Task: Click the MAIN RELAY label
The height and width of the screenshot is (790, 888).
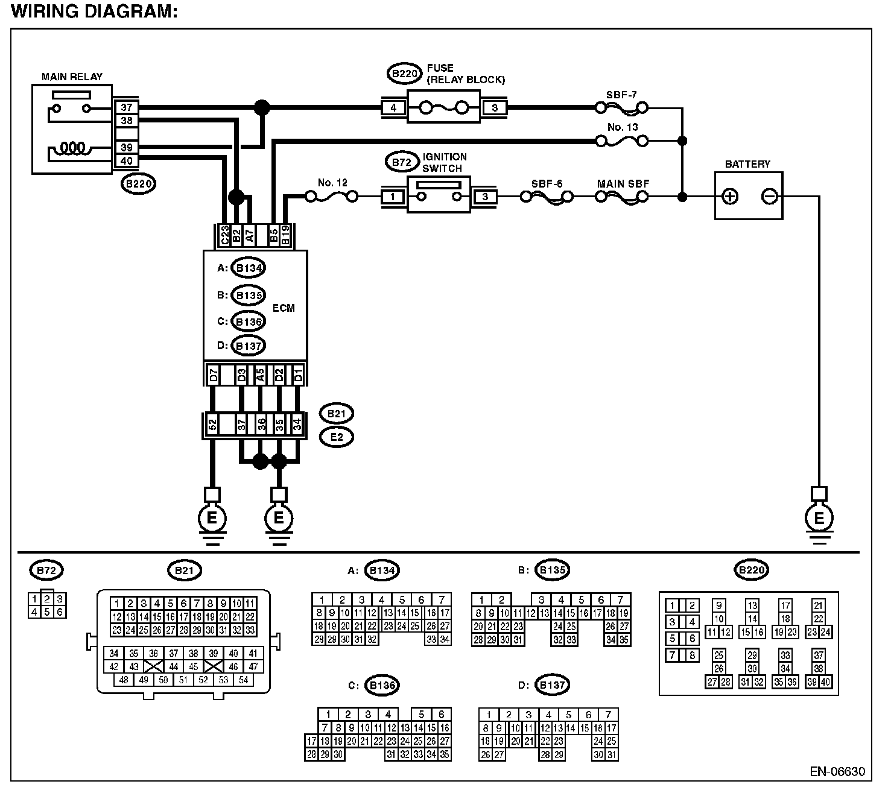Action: click(x=72, y=77)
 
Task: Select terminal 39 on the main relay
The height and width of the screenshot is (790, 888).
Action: click(x=127, y=147)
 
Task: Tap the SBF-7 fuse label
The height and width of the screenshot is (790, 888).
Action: click(x=621, y=95)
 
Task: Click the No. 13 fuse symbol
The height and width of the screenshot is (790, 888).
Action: click(x=621, y=141)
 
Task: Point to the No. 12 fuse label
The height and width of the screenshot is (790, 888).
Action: click(x=332, y=183)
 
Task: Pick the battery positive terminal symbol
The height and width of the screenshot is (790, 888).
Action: click(x=730, y=197)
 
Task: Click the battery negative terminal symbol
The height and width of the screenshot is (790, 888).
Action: click(x=769, y=197)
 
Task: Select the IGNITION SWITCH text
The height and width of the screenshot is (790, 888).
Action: click(x=444, y=163)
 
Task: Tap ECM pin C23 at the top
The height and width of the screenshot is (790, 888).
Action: click(x=224, y=235)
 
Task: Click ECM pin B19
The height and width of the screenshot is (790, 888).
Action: click(x=285, y=235)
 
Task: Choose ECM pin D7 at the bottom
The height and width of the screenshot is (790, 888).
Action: click(x=214, y=375)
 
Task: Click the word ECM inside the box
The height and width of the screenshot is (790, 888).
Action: click(x=284, y=308)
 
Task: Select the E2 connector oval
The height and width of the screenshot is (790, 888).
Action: click(x=336, y=437)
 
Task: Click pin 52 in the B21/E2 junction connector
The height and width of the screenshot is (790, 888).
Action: click(x=212, y=425)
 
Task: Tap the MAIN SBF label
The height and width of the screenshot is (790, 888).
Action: click(x=623, y=183)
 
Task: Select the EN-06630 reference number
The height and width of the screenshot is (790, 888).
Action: click(x=837, y=771)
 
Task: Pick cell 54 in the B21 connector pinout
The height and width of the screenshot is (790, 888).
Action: click(x=243, y=680)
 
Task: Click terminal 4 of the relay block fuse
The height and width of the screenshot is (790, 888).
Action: click(x=393, y=107)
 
